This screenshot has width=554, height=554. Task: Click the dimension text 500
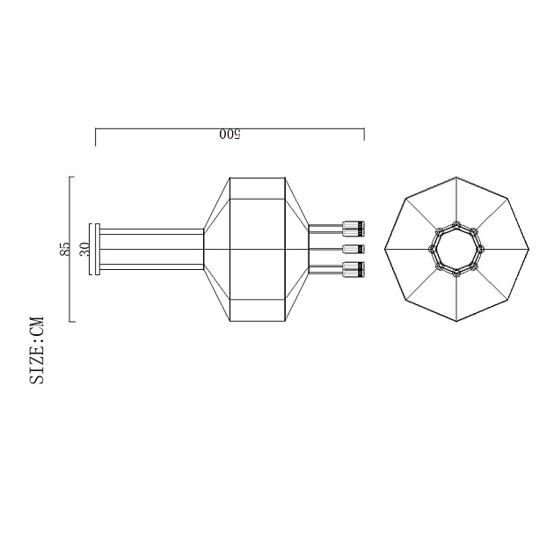tap(230, 135)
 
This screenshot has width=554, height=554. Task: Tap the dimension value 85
tap(65, 249)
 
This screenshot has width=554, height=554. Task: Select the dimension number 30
tap(84, 249)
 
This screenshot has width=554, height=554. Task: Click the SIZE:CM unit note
tap(37, 351)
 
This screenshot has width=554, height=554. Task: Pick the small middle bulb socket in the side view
tap(354, 250)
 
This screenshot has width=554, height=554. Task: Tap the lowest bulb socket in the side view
tap(354, 270)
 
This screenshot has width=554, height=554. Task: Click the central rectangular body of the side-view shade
tap(257, 250)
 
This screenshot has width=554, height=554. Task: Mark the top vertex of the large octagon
tap(456, 178)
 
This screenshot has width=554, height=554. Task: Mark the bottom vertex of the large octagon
tap(456, 322)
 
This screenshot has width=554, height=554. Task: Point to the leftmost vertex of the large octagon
tap(384, 250)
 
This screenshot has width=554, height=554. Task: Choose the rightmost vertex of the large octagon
tap(528, 250)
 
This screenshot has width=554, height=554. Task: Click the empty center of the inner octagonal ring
tap(456, 250)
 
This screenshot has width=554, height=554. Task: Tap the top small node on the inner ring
tap(456, 223)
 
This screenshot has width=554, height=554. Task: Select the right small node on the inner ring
tap(483, 250)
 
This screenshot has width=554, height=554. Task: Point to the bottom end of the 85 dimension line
tap(70, 322)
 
